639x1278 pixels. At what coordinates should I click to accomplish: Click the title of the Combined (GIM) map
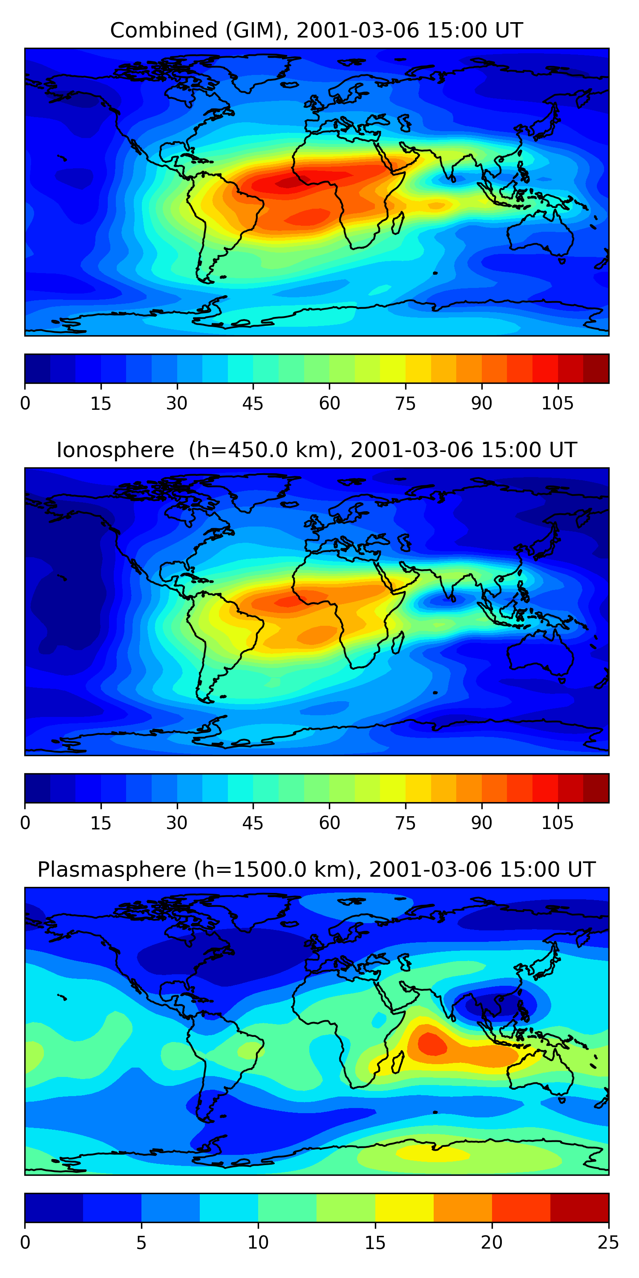317,30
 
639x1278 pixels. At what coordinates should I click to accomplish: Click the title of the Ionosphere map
317,450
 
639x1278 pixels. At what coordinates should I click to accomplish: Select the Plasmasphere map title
317,870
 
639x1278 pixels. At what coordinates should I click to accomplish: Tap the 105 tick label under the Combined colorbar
557,403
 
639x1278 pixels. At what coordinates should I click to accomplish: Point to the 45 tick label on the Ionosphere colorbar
253,823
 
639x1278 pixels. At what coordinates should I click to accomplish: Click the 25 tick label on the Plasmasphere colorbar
608,1243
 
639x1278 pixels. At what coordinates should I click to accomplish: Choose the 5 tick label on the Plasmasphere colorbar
141,1243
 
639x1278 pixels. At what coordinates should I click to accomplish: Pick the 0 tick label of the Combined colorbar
25,403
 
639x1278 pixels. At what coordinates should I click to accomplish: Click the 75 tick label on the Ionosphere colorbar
405,823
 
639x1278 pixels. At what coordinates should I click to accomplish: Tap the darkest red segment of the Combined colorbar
596,368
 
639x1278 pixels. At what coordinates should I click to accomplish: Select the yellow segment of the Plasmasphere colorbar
404,1208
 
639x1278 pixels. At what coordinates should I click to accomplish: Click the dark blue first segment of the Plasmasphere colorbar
54,1208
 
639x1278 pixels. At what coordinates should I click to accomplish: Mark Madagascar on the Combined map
397,223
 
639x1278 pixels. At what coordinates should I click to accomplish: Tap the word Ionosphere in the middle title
115,450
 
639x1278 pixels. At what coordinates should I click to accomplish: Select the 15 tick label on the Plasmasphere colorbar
375,1243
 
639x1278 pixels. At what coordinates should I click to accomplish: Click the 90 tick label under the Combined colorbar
481,403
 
